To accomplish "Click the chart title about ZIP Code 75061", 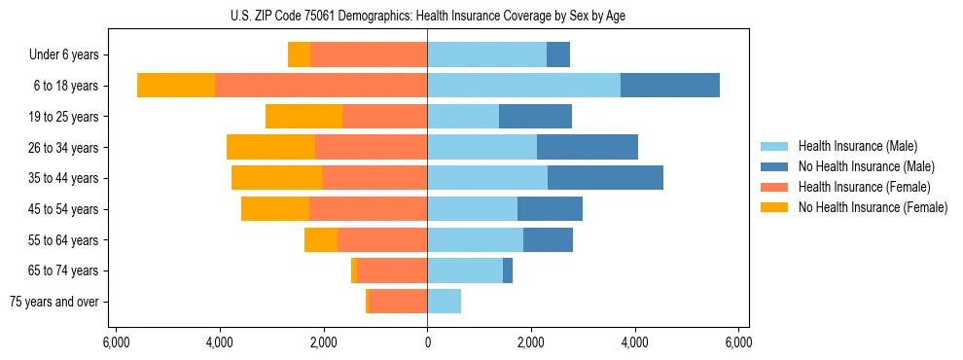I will tap(427, 15).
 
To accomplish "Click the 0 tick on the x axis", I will tap(427, 342).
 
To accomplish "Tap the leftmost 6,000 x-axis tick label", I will tap(116, 342).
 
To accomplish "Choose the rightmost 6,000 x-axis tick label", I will tap(738, 342).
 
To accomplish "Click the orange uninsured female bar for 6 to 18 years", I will tap(176, 86).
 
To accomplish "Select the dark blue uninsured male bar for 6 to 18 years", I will tap(670, 86).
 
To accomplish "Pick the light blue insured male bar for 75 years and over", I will tap(444, 302).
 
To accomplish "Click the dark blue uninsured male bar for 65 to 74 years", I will tap(508, 270).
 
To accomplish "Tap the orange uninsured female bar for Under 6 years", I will tap(299, 55).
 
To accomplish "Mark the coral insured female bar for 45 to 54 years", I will tap(368, 209).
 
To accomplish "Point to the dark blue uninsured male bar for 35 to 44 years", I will tap(605, 178).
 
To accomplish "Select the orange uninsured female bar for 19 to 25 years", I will tap(303, 117).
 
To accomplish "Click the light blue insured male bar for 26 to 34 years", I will tap(481, 148).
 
